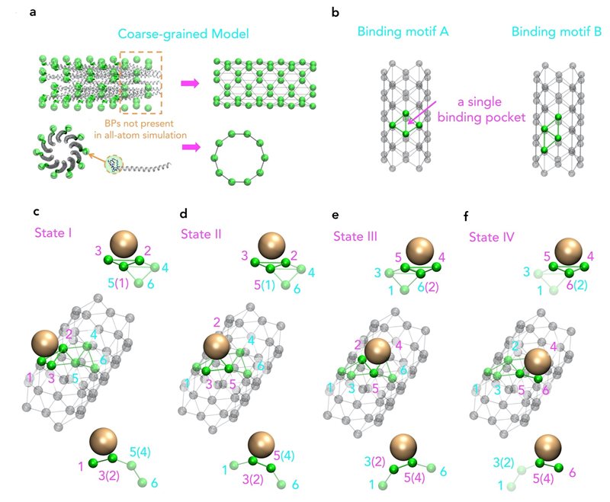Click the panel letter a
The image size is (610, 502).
tap(33, 12)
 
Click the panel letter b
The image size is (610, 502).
tap(335, 13)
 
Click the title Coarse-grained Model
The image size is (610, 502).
tap(183, 34)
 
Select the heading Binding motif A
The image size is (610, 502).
tap(403, 31)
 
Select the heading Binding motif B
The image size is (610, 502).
tap(557, 31)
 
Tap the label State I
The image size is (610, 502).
tap(53, 233)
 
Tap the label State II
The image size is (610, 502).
tap(201, 235)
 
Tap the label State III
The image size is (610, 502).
tap(355, 236)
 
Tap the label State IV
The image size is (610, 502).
tap(491, 237)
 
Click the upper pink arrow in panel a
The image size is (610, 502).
tap(190, 83)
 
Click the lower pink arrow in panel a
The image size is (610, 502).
tap(191, 147)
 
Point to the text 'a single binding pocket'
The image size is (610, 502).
tap(481, 110)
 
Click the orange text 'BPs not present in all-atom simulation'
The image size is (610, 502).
tap(140, 129)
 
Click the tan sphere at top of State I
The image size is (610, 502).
tap(124, 244)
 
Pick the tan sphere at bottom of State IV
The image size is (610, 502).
tap(547, 448)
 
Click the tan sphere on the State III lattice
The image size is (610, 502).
tap(377, 351)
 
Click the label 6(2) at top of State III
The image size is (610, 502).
tap(428, 287)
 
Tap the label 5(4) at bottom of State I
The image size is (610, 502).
tap(140, 452)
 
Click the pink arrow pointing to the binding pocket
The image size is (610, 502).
tap(422, 112)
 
